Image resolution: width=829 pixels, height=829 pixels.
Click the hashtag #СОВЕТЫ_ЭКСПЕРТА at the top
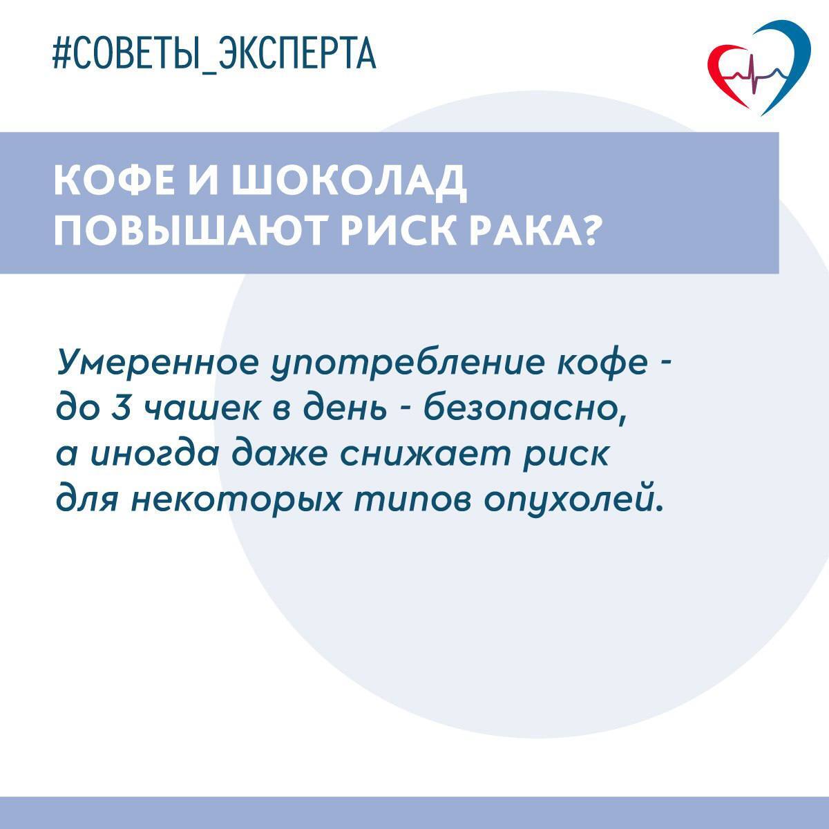pos(214,55)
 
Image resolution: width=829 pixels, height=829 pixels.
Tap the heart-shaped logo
pos(759,69)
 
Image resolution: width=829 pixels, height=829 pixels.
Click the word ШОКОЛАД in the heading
pos(350,180)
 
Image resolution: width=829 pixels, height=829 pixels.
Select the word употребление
pos(408,365)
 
